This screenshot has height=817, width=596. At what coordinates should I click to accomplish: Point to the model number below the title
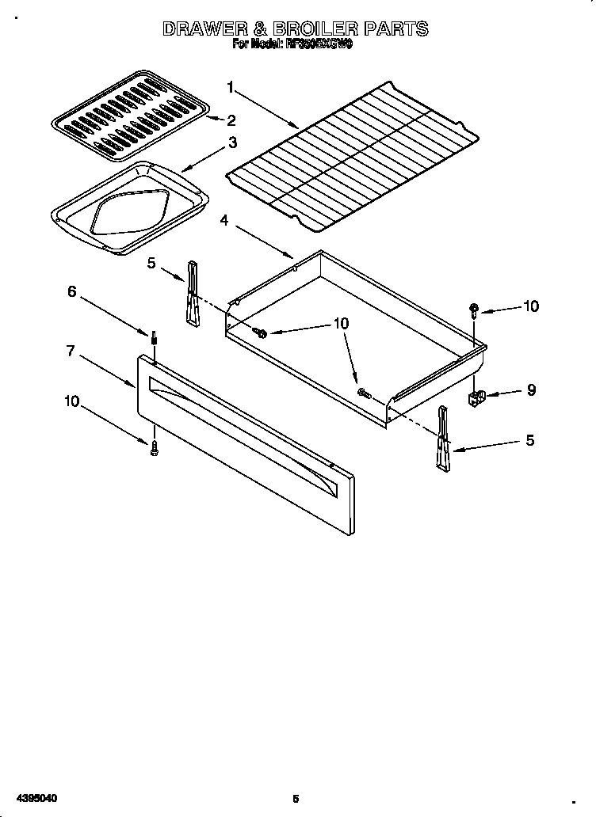pyautogui.click(x=319, y=45)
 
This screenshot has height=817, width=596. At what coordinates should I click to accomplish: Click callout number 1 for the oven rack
pyautogui.click(x=231, y=86)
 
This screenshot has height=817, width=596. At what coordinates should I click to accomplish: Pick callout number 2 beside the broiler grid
pyautogui.click(x=231, y=120)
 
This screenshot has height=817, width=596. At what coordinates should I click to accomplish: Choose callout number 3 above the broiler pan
pyautogui.click(x=232, y=142)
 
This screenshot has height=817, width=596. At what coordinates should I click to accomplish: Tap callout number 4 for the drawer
pyautogui.click(x=224, y=221)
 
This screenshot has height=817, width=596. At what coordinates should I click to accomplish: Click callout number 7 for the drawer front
pyautogui.click(x=71, y=351)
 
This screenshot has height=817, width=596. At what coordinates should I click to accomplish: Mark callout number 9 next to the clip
pyautogui.click(x=531, y=389)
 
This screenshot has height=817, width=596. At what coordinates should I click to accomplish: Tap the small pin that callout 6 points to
pyautogui.click(x=153, y=340)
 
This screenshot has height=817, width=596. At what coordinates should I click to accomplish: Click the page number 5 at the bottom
pyautogui.click(x=296, y=799)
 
